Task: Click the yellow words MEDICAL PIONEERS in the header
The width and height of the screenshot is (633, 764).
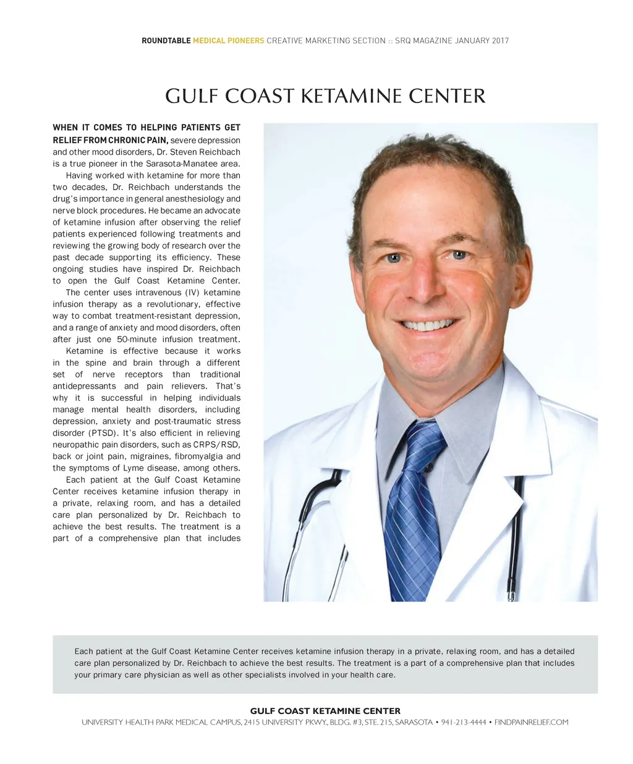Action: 228,41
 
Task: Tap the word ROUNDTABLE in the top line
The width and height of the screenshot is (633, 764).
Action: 166,41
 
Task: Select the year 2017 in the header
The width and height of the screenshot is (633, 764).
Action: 500,41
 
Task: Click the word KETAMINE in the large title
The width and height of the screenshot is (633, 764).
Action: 351,96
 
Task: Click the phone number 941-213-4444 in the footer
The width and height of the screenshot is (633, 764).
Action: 464,722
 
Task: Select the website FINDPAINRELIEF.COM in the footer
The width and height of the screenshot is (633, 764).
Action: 531,722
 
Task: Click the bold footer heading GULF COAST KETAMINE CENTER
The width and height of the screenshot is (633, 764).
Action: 325,711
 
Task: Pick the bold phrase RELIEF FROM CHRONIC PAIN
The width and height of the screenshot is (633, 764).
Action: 110,140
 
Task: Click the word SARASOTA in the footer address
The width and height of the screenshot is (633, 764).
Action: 414,722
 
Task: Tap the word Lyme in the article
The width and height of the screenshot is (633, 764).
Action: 134,468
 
